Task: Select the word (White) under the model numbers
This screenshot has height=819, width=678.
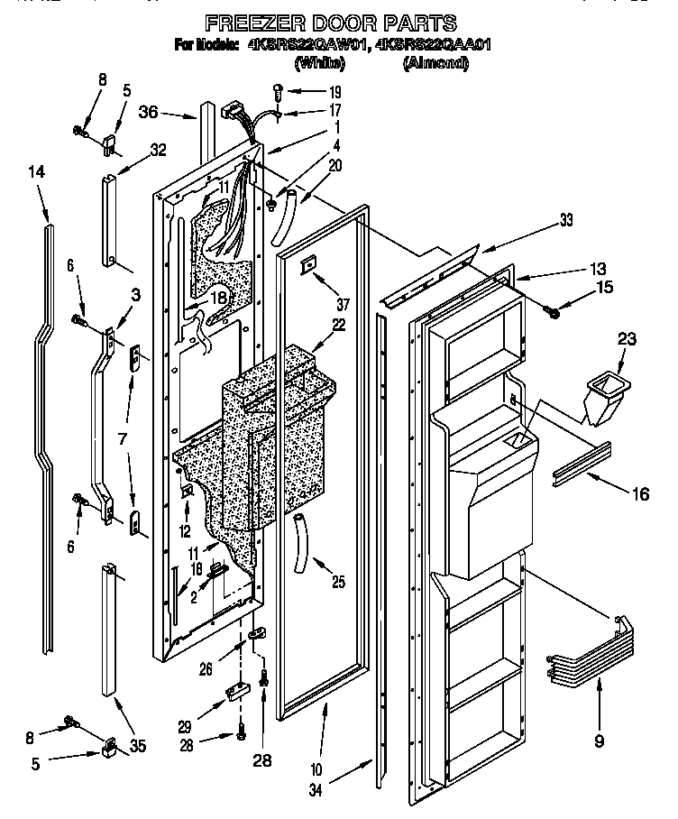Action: (x=320, y=63)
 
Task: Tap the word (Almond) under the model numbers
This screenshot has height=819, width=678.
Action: (x=435, y=63)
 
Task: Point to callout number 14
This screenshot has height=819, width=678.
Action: (x=36, y=170)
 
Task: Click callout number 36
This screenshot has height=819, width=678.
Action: (x=150, y=113)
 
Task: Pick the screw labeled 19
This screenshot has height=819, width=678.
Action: (x=279, y=89)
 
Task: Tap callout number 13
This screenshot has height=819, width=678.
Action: (x=573, y=268)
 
